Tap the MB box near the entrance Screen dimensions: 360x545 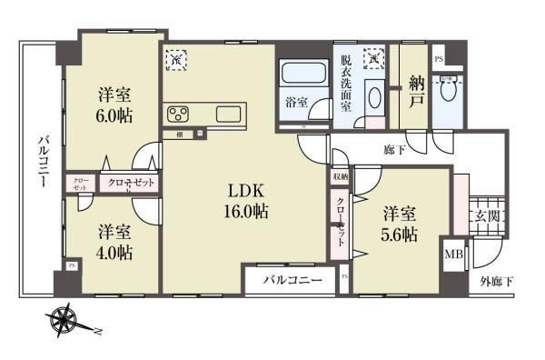tap(452, 255)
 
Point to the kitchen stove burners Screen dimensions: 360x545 tap(178, 114)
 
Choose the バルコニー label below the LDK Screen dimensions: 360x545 tap(292, 281)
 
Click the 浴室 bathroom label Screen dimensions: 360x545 tap(295, 101)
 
